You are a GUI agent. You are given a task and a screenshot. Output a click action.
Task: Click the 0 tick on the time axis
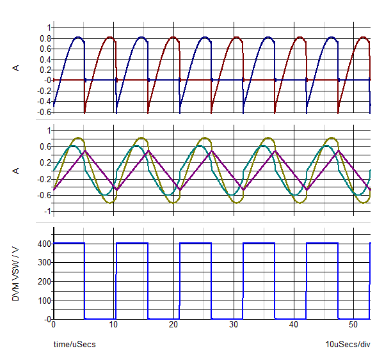[54, 325]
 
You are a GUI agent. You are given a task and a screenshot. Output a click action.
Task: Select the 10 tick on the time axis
[113, 325]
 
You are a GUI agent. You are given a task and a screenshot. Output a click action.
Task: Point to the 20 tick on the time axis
[173, 325]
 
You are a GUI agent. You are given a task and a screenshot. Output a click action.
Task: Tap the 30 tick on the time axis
[234, 325]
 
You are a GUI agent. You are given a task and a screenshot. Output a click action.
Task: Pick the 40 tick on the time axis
[294, 325]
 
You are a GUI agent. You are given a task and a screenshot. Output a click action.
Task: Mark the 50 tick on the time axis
[354, 325]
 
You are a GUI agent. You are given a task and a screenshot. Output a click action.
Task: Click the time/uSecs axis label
[74, 344]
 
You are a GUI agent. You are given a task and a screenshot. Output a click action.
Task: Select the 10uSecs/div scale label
[348, 344]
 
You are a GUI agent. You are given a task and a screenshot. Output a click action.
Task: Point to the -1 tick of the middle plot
[45, 212]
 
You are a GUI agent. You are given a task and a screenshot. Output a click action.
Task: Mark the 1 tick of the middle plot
[47, 130]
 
